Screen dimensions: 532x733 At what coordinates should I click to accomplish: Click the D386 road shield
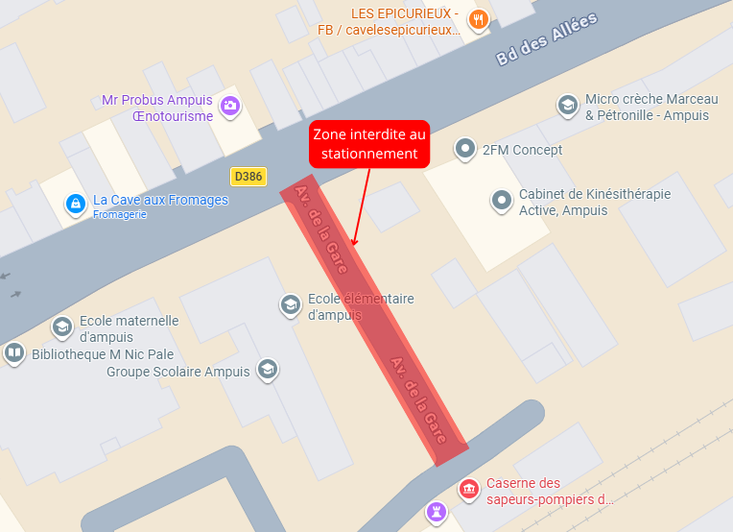248,177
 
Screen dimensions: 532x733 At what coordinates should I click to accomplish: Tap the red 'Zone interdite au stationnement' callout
369,144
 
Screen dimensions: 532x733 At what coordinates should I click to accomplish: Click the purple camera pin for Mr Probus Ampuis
229,106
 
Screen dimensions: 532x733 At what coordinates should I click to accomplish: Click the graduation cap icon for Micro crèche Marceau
567,105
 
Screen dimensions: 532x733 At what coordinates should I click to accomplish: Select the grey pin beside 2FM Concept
465,148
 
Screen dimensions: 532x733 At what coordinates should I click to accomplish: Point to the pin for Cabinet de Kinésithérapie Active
501,201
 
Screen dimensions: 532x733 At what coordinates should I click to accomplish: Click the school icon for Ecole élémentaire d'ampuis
290,305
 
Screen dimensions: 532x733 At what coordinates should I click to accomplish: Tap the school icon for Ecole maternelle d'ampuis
62,326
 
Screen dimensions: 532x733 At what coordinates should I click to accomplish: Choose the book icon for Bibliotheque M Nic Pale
14,353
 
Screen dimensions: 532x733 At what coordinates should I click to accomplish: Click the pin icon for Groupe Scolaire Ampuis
268,370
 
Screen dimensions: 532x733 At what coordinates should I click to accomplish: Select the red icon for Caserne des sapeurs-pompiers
469,490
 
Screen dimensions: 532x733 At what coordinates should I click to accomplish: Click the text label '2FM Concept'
522,150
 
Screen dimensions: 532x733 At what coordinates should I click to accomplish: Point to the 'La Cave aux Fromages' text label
160,200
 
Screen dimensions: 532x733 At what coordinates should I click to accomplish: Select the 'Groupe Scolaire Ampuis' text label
177,372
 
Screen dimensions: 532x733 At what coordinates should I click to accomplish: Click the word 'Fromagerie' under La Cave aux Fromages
120,214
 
